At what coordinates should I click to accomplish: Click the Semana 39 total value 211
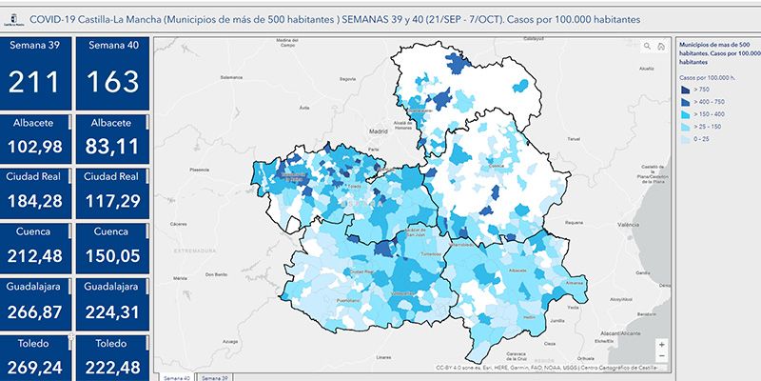pos(35,82)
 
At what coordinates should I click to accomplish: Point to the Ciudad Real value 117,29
pos(111,200)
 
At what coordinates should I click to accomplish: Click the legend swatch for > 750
pos(687,88)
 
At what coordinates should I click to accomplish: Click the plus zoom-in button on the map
pos(661,344)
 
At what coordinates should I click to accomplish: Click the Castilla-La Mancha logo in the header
pos(13,19)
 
